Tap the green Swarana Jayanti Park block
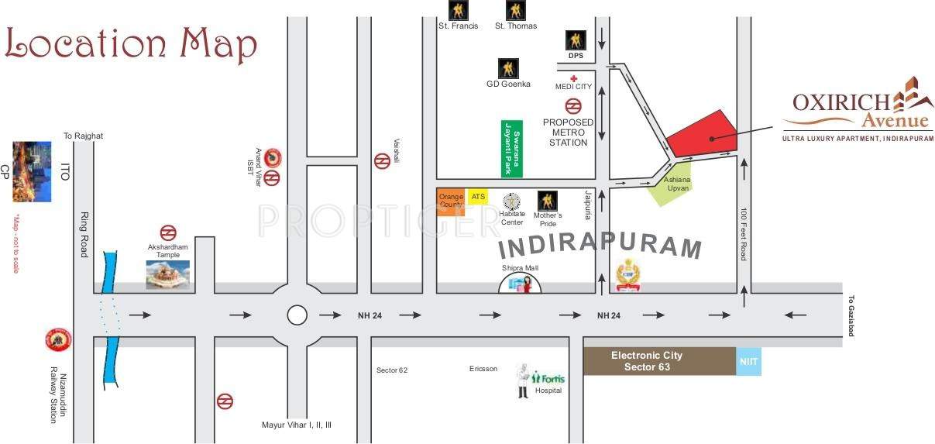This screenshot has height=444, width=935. click(510, 147)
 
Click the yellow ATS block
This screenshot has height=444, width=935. click(478, 197)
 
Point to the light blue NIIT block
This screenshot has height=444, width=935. click(748, 361)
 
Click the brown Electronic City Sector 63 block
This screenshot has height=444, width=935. click(658, 361)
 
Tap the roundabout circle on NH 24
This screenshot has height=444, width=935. click(297, 315)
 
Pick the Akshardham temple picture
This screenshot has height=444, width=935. click(168, 274)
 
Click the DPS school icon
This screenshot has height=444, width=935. click(576, 40)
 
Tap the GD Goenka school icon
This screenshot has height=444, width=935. click(508, 68)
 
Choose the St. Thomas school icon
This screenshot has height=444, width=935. click(516, 10)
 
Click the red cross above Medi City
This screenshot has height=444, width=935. click(573, 78)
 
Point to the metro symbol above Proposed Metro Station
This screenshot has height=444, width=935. click(573, 106)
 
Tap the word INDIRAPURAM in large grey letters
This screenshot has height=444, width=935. click(600, 246)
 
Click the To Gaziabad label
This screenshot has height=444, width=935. click(850, 315)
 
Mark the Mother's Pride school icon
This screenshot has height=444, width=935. click(547, 201)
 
